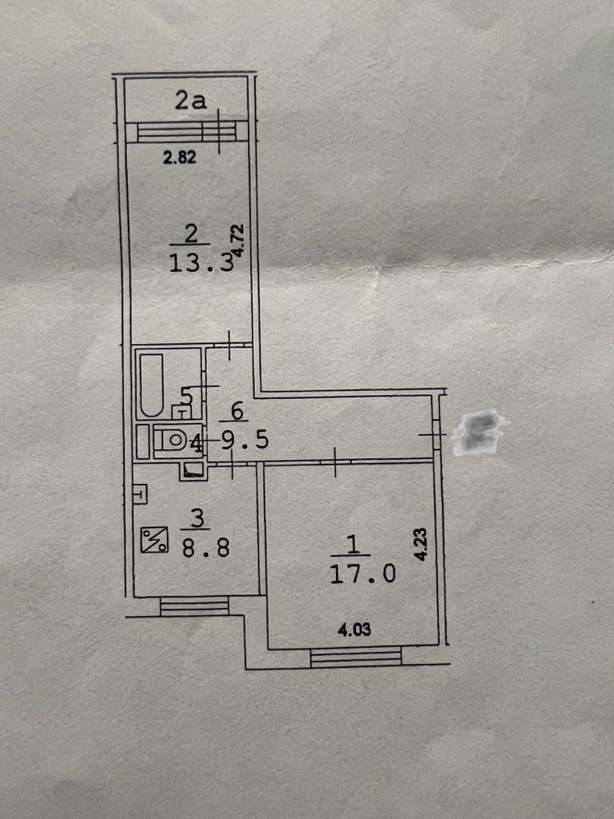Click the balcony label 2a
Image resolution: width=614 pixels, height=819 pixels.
tap(191, 101)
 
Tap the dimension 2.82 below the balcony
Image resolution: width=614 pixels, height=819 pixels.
tap(180, 158)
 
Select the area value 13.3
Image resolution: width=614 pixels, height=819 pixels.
tap(201, 263)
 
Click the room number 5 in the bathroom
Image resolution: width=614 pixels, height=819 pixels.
tap(186, 395)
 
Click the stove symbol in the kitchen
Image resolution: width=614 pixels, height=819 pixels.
tap(153, 540)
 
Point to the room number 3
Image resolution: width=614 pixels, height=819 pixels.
tap(196, 518)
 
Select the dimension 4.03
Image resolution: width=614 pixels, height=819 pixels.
tap(354, 630)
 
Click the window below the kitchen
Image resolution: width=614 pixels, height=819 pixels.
tap(194, 606)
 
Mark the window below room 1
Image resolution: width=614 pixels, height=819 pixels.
tap(356, 657)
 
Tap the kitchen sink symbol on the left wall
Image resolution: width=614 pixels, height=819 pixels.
tap(139, 494)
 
